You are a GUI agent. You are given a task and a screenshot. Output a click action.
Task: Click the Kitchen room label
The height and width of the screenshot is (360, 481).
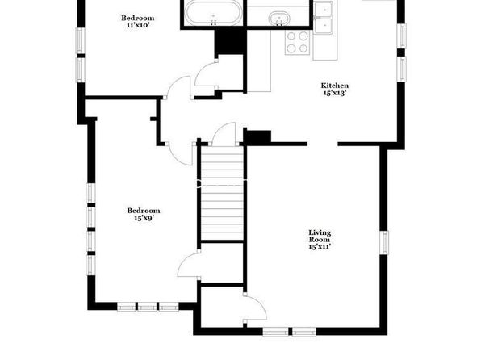334,86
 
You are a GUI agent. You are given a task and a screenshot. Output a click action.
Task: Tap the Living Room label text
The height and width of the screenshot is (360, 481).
320,236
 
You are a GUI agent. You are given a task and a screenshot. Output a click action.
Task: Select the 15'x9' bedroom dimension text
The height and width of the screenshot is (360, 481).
144,218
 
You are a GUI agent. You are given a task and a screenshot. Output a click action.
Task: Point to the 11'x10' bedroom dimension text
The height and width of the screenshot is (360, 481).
138,25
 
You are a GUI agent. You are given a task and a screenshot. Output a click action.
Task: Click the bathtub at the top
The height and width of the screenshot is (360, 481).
214,13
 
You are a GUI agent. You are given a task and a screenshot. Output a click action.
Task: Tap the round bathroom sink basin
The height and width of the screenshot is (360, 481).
279,19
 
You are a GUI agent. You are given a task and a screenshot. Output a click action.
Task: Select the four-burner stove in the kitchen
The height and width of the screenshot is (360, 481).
297,42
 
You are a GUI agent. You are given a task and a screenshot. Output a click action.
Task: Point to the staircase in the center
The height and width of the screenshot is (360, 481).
222,194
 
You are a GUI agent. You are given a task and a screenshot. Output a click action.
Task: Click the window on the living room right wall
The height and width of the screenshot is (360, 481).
384,242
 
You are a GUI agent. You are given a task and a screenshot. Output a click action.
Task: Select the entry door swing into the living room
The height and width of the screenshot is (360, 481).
255,308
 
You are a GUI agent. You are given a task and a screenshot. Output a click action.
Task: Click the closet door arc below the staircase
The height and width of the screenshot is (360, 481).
188,265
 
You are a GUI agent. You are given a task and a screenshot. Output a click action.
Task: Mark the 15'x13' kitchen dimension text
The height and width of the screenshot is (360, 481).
335,93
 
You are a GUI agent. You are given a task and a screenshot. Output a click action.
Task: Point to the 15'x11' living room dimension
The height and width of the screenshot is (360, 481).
320,246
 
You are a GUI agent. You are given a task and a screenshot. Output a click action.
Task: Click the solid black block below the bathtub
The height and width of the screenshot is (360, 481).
230,41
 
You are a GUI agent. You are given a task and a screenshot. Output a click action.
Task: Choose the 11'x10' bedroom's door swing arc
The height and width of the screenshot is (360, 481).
179,87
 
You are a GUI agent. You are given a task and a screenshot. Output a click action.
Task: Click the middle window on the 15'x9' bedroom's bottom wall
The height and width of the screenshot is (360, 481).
147,307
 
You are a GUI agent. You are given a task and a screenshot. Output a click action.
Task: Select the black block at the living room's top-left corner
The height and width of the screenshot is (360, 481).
257,137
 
